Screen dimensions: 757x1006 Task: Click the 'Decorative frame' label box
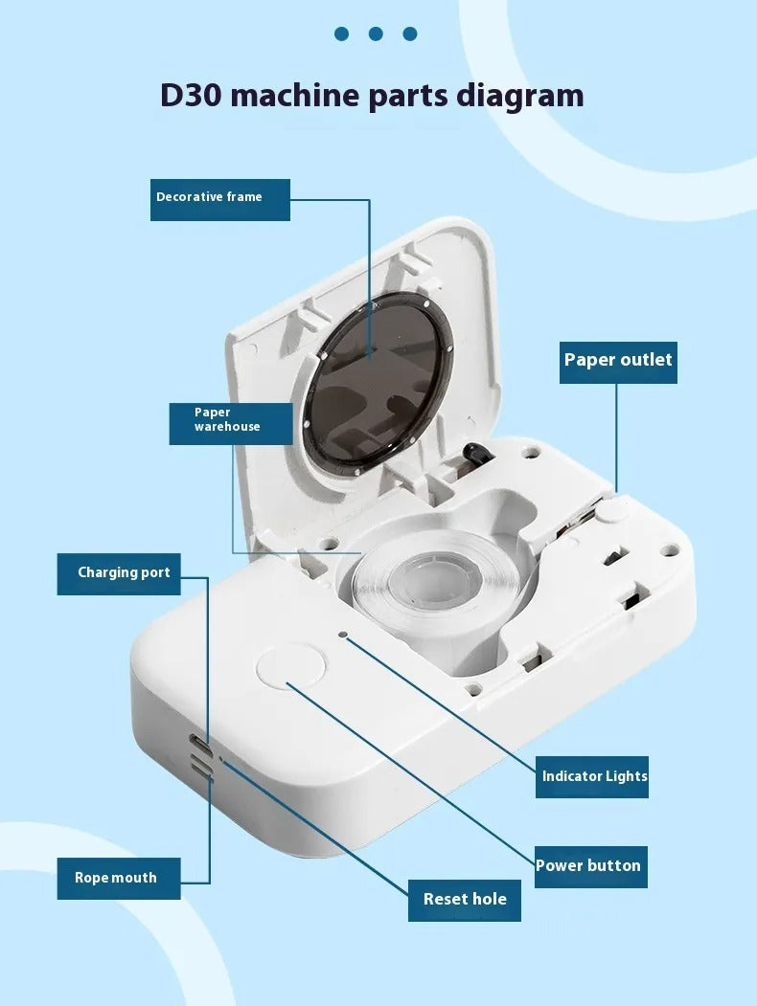click(220, 199)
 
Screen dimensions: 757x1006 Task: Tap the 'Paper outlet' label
click(618, 363)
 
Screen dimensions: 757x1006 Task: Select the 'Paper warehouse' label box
click(231, 423)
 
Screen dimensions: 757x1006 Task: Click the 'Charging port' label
click(119, 574)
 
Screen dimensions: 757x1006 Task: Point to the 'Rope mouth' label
click(119, 879)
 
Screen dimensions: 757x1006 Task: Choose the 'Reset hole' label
click(464, 900)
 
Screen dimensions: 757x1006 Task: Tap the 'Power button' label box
click(590, 867)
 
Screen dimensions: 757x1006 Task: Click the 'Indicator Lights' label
click(592, 777)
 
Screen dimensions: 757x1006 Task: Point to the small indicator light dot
click(343, 635)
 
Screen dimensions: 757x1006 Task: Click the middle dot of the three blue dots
click(376, 34)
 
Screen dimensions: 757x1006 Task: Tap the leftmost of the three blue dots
click(341, 34)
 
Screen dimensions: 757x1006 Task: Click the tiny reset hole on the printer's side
click(221, 759)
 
